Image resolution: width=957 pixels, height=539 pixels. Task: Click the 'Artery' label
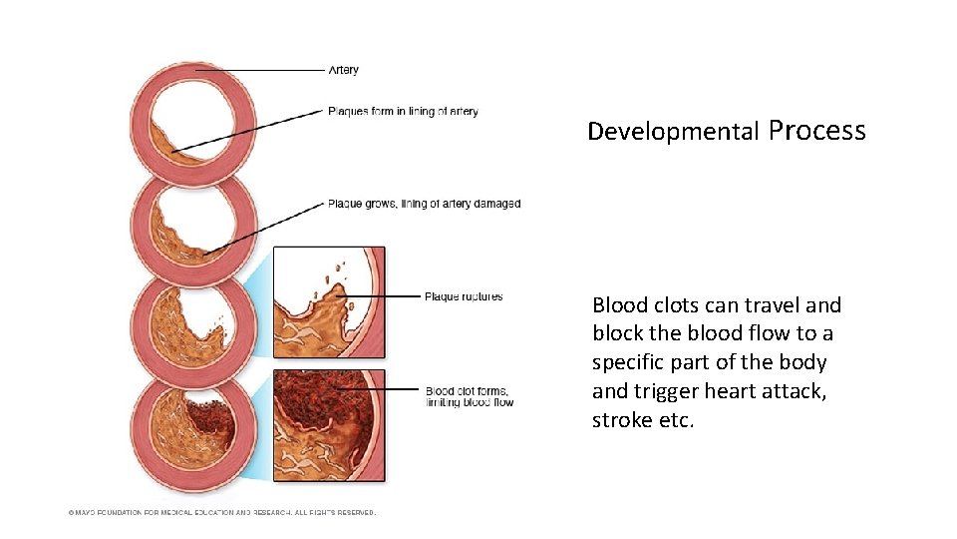(x=343, y=70)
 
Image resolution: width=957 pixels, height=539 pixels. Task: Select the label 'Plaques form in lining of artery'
(x=403, y=111)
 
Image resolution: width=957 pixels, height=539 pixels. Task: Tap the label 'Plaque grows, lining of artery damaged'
(x=424, y=204)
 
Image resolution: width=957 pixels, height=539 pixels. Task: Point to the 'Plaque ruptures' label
(x=464, y=296)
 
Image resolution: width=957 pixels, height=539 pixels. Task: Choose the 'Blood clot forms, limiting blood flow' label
(x=469, y=396)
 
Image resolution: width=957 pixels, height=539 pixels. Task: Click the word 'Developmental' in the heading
(x=673, y=132)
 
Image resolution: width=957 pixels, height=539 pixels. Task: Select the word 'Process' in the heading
(x=817, y=131)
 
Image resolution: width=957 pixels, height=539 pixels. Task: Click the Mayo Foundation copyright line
(x=221, y=513)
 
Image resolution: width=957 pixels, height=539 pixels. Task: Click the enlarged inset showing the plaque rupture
(x=328, y=301)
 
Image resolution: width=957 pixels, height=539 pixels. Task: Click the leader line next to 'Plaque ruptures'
(x=384, y=296)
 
